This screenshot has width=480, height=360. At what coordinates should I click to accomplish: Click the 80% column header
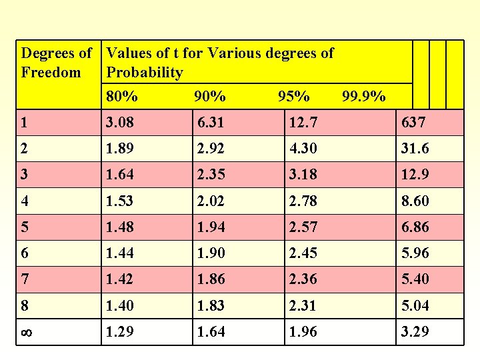122,97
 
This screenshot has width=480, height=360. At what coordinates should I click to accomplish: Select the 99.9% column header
363,97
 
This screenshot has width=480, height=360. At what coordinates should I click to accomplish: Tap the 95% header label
293,97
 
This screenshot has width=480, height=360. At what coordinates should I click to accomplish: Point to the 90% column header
209,97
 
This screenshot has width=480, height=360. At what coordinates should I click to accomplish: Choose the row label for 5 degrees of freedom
25,227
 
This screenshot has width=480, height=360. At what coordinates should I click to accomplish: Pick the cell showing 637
413,123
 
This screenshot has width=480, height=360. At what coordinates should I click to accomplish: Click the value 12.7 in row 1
303,123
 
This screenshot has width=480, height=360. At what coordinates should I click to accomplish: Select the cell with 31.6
415,149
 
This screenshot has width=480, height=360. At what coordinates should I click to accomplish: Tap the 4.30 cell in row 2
303,149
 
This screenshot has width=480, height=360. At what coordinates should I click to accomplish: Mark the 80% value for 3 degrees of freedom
121,175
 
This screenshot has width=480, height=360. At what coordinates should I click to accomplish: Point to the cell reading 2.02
211,201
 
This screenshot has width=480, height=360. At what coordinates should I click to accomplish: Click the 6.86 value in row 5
415,227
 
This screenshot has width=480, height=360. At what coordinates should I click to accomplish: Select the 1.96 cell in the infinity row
303,332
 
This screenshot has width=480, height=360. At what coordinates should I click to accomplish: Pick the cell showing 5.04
415,306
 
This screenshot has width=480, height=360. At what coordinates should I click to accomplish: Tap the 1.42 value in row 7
121,279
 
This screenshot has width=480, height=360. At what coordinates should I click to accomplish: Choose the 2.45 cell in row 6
303,253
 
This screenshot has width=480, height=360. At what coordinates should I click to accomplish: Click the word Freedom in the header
51,72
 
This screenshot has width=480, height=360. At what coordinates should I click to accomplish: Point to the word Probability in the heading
145,72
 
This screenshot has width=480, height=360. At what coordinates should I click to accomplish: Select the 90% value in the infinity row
211,332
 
